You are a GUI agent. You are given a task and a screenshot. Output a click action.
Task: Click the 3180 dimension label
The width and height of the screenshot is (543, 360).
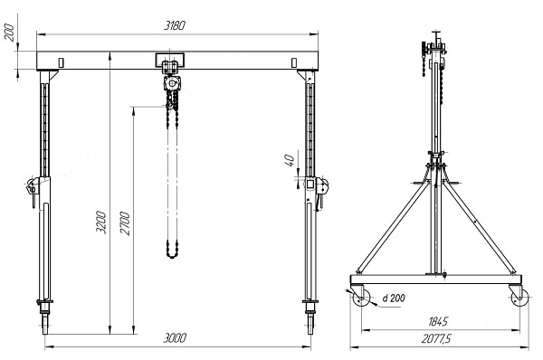pyautogui.click(x=175, y=25)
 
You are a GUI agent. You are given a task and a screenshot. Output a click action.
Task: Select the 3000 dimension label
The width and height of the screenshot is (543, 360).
pyautogui.click(x=175, y=338)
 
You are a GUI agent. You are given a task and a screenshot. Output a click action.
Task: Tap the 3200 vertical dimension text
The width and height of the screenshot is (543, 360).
pyautogui.click(x=101, y=222)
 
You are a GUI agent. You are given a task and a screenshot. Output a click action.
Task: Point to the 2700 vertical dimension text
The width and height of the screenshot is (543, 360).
pyautogui.click(x=125, y=223)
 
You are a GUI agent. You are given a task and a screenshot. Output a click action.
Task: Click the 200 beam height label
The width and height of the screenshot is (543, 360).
pyautogui.click(x=9, y=33)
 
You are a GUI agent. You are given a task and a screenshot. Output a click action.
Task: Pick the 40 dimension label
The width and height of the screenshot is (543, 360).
pyautogui.click(x=290, y=160)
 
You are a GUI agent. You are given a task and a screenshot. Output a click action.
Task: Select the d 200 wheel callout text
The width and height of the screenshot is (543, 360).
pyautogui.click(x=394, y=298)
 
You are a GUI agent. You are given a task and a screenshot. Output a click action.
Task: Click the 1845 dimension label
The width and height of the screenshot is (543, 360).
pyautogui.click(x=438, y=322)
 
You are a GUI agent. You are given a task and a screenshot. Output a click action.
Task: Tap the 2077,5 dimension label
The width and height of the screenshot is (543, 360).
pyautogui.click(x=436, y=338)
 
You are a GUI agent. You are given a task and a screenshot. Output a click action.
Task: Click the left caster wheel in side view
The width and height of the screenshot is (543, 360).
pyautogui.click(x=361, y=298)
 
